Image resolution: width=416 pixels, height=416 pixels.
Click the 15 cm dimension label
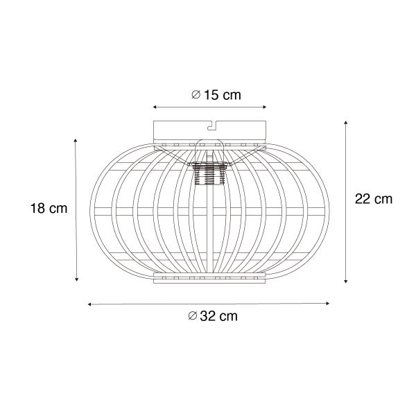point(216,95)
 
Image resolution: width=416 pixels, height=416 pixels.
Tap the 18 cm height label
point(49,209)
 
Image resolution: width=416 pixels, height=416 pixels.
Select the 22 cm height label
point(373,199)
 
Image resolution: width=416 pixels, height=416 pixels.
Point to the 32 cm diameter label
point(213,316)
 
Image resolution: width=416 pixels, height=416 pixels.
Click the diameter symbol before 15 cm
point(196,95)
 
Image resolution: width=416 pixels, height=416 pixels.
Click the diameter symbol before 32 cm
point(193,316)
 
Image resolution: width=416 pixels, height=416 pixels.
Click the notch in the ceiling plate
point(210,125)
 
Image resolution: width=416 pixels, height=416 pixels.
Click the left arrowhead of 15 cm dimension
point(155,107)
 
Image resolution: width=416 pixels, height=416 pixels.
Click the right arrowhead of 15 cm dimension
point(265,107)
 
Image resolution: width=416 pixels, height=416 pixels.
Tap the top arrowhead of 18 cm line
point(76,139)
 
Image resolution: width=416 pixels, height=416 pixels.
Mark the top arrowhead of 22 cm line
point(345,121)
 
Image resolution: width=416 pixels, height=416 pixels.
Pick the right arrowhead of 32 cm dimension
point(329,303)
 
